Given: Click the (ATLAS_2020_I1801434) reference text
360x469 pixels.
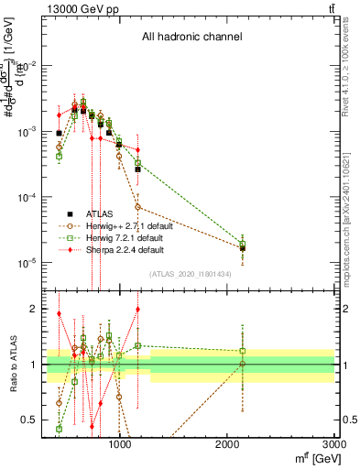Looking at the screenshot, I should pyautogui.click(x=190, y=275).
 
